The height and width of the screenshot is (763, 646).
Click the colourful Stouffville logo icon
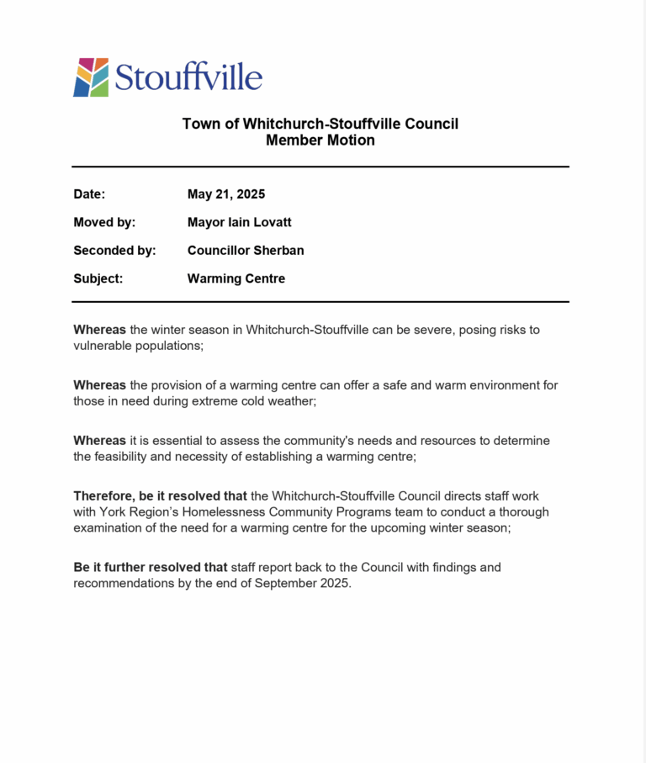point(91,77)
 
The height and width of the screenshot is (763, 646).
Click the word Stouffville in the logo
point(188,77)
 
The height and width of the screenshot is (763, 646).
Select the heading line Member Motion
point(320,140)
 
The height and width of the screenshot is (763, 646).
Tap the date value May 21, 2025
point(226,194)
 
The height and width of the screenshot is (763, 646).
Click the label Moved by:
point(104,222)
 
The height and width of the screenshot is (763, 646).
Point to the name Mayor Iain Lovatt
point(239,222)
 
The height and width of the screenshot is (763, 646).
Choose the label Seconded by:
point(114,251)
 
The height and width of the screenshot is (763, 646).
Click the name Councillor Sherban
point(246,251)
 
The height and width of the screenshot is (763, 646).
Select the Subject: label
point(98,278)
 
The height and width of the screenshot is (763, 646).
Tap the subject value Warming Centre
point(236,278)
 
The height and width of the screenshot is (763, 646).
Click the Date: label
point(89,194)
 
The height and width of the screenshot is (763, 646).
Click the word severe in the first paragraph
point(435,330)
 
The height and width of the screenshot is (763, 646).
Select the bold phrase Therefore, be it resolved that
point(160,495)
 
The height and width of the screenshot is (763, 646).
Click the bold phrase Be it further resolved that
point(151,568)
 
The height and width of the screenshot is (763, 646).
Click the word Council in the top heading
point(431,125)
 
